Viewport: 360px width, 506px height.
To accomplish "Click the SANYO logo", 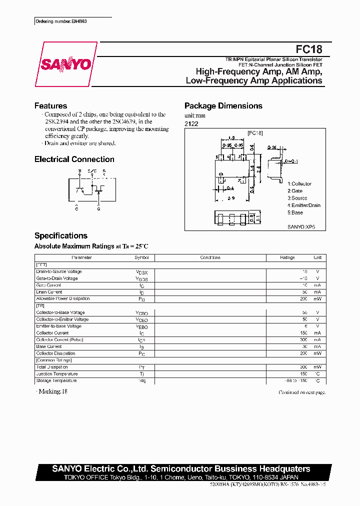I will [65, 64].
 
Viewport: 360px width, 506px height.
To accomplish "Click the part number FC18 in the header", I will [309, 49].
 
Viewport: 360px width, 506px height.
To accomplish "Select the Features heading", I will [50, 106].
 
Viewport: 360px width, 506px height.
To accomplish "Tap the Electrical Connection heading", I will [74, 159].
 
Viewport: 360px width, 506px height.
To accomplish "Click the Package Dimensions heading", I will [223, 106].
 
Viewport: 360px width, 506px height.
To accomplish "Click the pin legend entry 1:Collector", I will [299, 184].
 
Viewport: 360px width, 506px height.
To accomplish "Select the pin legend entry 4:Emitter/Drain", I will [303, 205].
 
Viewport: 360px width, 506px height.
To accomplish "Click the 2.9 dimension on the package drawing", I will [231, 198].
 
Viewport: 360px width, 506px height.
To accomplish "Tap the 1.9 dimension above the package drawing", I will [231, 138].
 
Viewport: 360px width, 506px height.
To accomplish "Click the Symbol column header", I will [141, 257].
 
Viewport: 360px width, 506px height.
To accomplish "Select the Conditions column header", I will [210, 257].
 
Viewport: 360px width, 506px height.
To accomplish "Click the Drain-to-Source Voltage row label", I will [59, 271].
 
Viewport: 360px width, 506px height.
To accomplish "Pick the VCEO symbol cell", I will [141, 320].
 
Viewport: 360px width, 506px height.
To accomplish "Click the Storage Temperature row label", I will [56, 380].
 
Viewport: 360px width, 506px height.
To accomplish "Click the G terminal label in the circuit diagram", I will [98, 208].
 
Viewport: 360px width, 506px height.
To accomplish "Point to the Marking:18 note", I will [51, 391].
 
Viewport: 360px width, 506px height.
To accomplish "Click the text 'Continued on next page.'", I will [301, 392].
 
